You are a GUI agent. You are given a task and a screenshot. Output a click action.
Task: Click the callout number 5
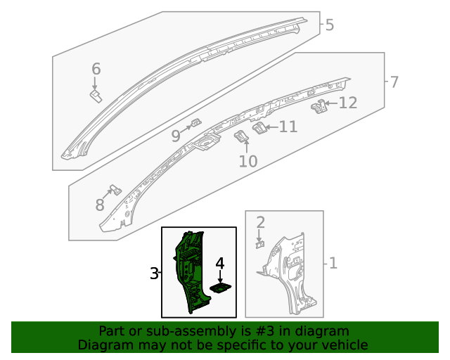pos(330,25)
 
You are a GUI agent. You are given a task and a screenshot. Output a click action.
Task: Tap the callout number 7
pos(394,82)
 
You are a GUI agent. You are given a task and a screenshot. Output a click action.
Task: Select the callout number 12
pos(348,103)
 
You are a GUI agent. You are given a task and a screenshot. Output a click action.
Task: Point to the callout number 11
pos(288,127)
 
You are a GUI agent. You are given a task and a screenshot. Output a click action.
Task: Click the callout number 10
pos(248,161)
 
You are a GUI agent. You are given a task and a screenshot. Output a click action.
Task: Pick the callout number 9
pos(176,136)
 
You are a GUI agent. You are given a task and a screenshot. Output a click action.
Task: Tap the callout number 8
pos(100,205)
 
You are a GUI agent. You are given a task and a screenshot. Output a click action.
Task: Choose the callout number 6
pos(96,69)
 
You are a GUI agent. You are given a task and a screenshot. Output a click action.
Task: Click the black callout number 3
pos(154,274)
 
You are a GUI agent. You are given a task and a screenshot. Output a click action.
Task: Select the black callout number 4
pos(220,264)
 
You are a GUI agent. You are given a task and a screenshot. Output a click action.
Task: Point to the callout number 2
pos(260,223)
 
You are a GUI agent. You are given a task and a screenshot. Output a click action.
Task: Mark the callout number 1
pos(333,263)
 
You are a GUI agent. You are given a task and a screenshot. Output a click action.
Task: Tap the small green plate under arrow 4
pos(220,288)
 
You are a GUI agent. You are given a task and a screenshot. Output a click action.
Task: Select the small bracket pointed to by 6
pos(96,96)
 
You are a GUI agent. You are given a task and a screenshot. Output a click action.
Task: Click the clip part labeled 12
pos(319,106)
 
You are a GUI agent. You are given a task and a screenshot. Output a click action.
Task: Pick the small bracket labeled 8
pos(116,190)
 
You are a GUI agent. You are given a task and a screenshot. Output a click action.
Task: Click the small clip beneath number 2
pos(260,245)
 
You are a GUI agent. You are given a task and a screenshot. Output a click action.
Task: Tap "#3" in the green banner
pos(266,331)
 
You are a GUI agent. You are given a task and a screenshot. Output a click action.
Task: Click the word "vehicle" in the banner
pos(348,345)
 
